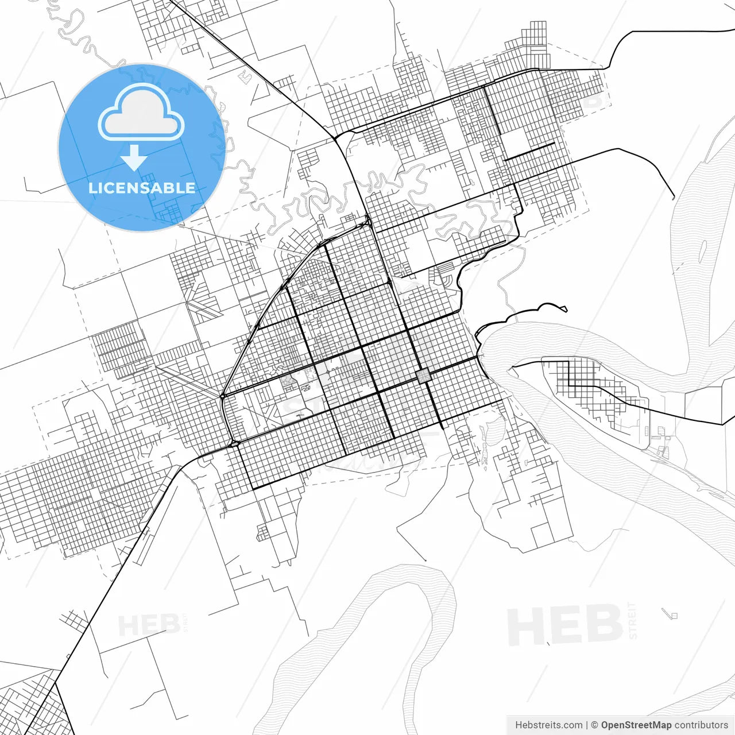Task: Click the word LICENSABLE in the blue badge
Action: (141, 188)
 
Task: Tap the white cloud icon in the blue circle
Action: (141, 113)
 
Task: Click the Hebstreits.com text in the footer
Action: (548, 725)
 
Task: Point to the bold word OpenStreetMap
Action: (636, 725)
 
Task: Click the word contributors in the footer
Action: (701, 725)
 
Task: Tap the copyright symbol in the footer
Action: (594, 725)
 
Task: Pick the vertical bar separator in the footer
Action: (586, 725)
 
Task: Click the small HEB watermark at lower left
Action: (148, 625)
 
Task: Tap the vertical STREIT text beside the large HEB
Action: (633, 620)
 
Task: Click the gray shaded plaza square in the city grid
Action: (423, 376)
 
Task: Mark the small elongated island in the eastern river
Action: (703, 251)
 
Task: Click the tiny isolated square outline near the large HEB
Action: (674, 616)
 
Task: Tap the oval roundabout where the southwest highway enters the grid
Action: (234, 443)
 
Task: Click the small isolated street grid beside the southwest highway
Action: (73, 620)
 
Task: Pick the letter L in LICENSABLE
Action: (92, 188)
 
